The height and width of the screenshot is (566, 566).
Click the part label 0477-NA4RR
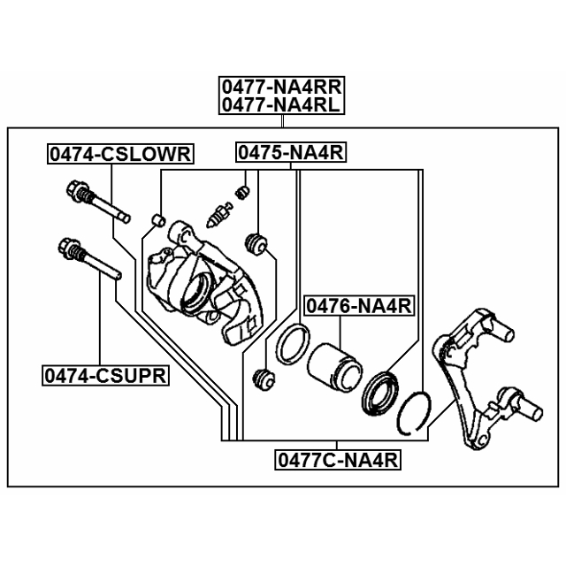pyautogui.click(x=281, y=87)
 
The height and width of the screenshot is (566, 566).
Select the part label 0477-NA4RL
pyautogui.click(x=281, y=105)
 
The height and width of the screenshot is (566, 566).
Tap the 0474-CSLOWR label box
pyautogui.click(x=120, y=154)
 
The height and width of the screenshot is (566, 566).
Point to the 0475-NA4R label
pyautogui.click(x=291, y=152)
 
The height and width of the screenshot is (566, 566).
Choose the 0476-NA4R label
pyautogui.click(x=359, y=306)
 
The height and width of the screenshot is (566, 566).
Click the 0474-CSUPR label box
pyautogui.click(x=105, y=376)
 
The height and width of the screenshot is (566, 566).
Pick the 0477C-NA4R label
pyautogui.click(x=338, y=460)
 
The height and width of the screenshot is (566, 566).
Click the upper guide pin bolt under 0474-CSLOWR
pyautogui.click(x=98, y=202)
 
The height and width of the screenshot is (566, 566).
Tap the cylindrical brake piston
pyautogui.click(x=334, y=368)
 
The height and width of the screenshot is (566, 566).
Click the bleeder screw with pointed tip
pyautogui.click(x=218, y=215)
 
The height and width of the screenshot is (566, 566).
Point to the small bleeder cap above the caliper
pyautogui.click(x=242, y=192)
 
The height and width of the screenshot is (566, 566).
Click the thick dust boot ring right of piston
pyautogui.click(x=380, y=393)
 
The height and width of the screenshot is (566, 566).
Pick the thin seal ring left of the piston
pyautogui.click(x=293, y=343)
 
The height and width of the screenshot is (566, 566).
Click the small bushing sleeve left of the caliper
pyautogui.click(x=157, y=220)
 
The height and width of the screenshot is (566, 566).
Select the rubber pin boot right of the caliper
pyautogui.click(x=256, y=243)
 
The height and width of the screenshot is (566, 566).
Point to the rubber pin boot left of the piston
pyautogui.click(x=264, y=379)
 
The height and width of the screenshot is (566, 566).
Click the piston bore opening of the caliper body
pyautogui.click(x=196, y=292)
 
